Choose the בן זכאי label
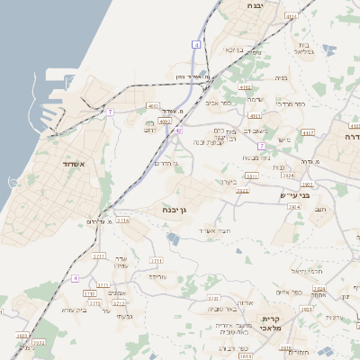coord(233,49)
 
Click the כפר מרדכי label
coord(290,103)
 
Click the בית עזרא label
coord(73,310)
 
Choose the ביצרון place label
coord(227,182)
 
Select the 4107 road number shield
coord(308,133)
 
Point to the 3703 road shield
coord(318,295)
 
